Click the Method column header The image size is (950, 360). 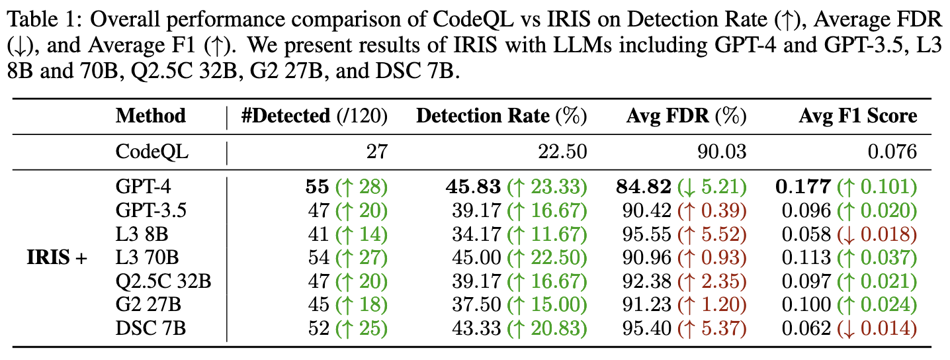click(x=151, y=116)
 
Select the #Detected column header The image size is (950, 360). click(x=315, y=116)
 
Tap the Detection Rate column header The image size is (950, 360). click(x=501, y=116)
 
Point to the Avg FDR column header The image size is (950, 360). click(x=686, y=116)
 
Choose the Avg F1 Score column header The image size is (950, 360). click(x=857, y=116)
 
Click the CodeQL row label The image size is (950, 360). click(x=152, y=152)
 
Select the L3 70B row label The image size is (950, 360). click(x=147, y=257)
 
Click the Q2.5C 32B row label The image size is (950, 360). click(x=163, y=281)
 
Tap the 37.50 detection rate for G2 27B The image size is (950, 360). click(x=476, y=305)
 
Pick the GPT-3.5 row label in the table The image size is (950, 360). click(x=150, y=210)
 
